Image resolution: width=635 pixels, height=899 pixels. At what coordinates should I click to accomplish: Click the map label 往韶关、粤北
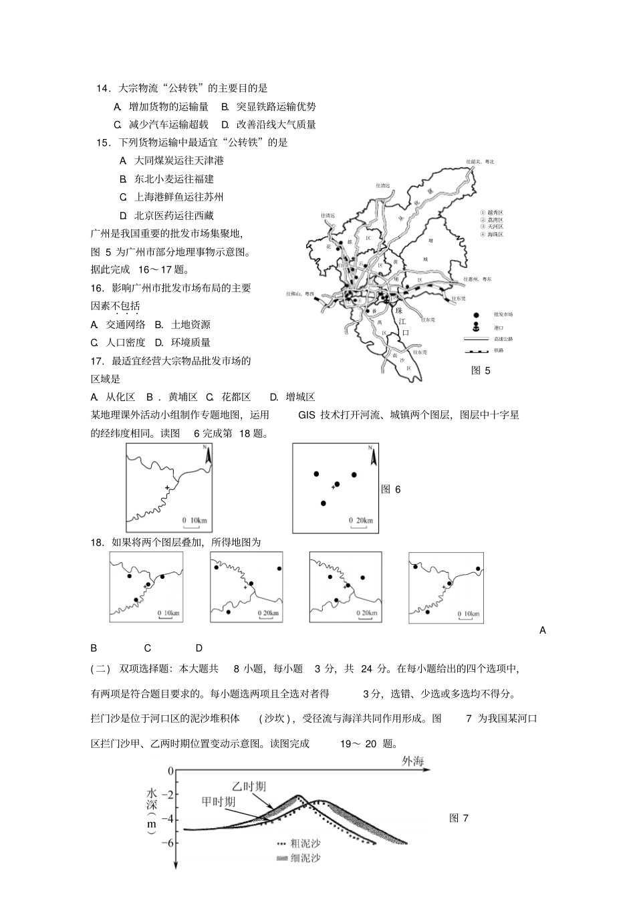[481, 162]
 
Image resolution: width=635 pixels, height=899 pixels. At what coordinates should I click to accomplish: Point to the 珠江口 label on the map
[401, 322]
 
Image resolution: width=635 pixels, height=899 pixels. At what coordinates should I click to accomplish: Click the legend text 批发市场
[503, 314]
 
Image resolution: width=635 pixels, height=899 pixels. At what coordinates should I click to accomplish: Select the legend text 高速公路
[503, 339]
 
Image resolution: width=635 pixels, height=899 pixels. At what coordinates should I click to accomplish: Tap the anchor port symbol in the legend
[475, 327]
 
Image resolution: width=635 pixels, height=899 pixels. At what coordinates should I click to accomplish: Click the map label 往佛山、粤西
[299, 293]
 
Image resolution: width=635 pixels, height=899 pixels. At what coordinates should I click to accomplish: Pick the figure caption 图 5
[481, 370]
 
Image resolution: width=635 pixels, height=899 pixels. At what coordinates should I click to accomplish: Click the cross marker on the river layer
[166, 489]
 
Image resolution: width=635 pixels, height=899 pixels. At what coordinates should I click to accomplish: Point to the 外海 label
[412, 762]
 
